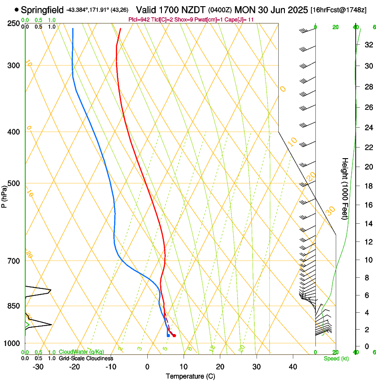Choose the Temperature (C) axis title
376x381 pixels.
point(190,376)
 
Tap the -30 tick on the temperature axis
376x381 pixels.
point(38,366)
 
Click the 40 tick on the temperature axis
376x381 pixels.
point(292,366)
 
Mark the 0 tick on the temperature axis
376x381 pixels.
point(147,366)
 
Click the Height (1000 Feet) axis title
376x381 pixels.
point(345,188)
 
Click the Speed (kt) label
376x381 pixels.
point(335,358)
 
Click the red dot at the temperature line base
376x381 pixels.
point(174,335)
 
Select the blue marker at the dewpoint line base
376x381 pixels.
point(169,335)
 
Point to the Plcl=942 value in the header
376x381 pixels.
point(138,19)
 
